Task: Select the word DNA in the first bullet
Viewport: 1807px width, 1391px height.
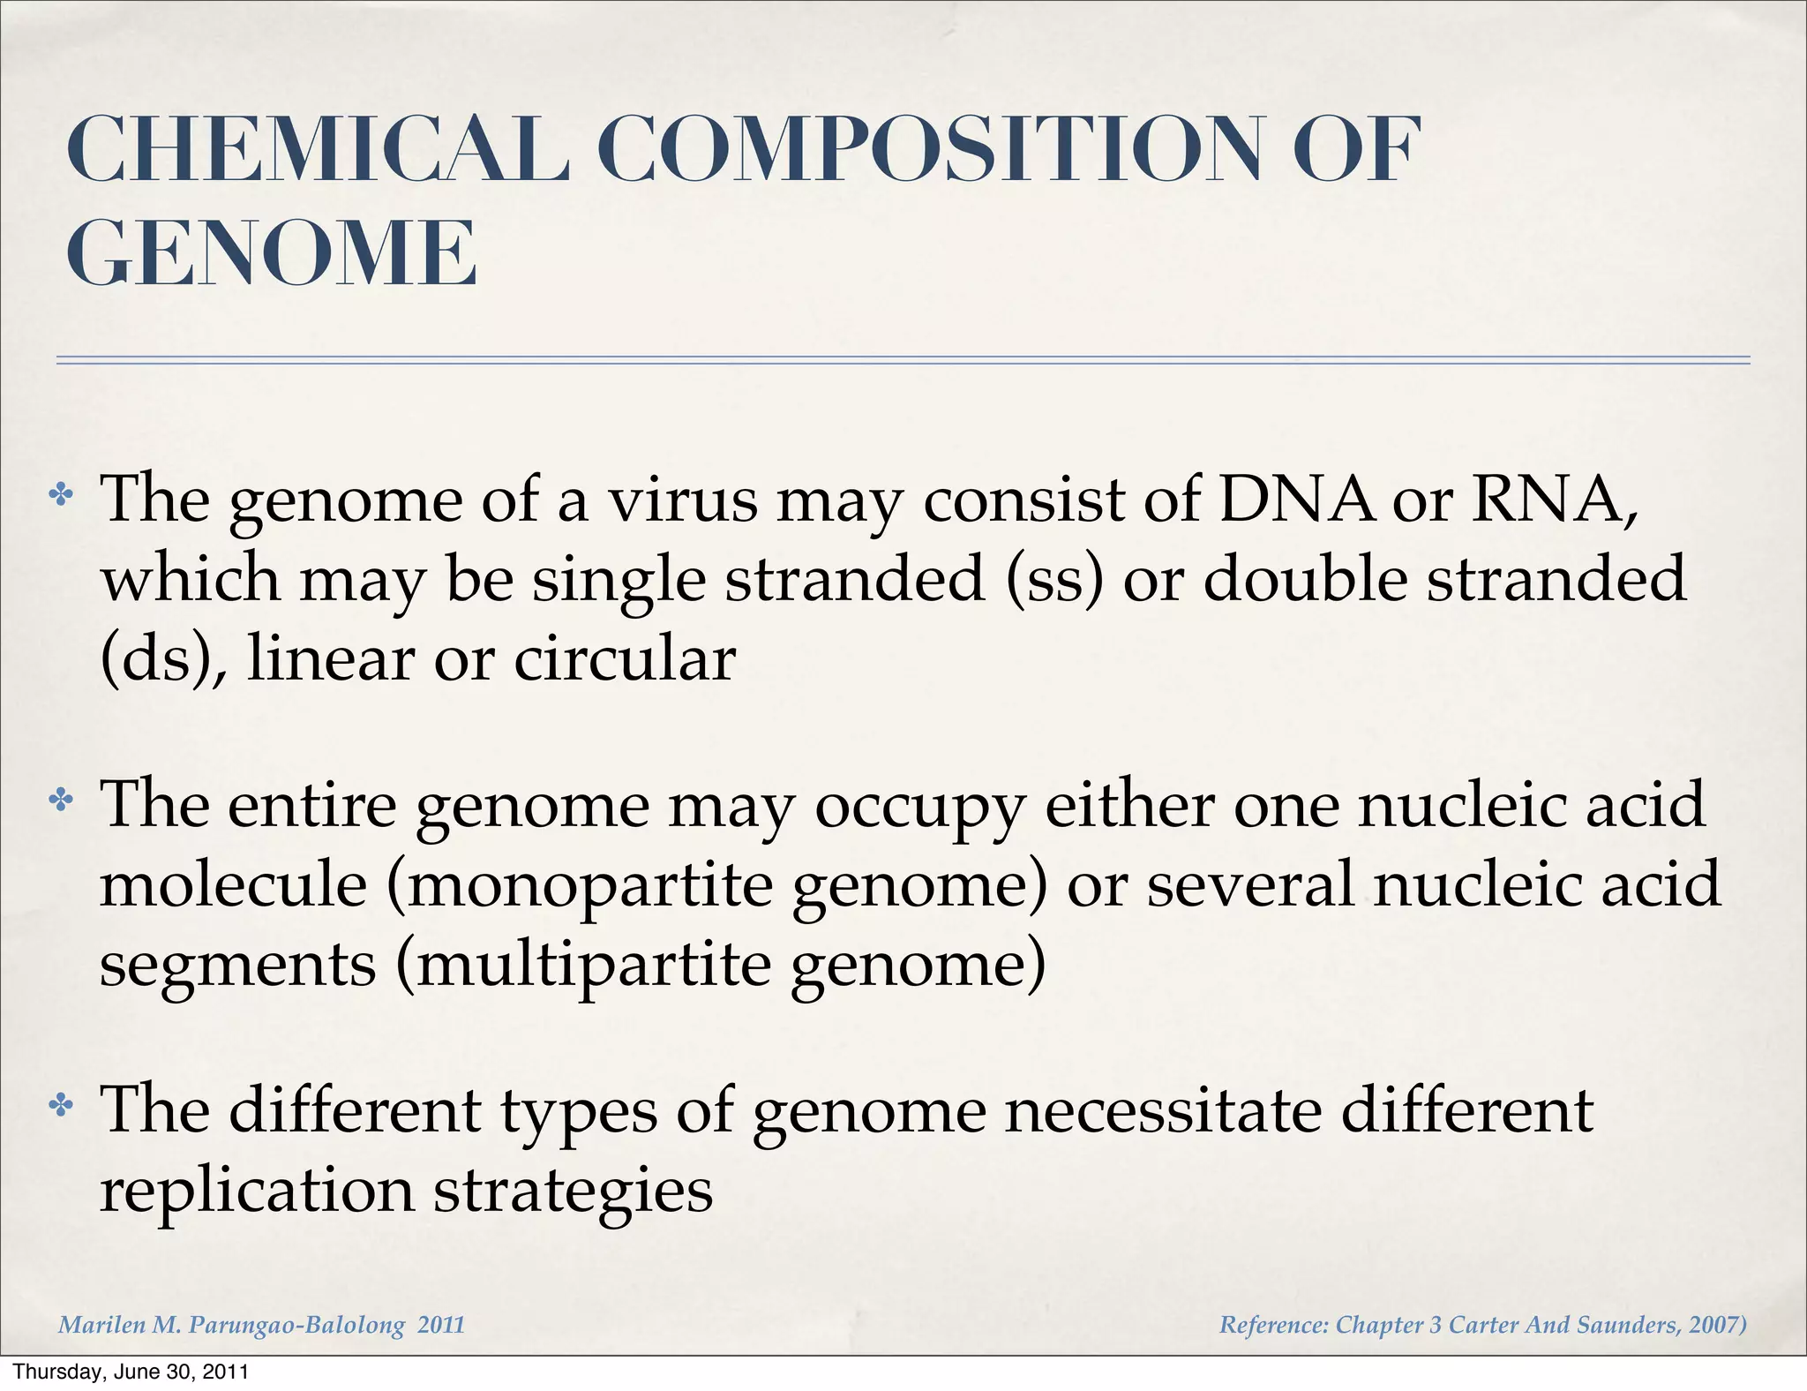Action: click(1295, 500)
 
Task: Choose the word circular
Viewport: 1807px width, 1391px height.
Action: click(625, 659)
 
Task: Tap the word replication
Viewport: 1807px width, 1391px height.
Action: click(257, 1191)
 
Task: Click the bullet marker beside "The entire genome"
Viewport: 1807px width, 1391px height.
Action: click(61, 800)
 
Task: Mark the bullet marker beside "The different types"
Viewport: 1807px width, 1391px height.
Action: click(61, 1104)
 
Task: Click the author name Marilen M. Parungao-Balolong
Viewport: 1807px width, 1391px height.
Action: click(231, 1325)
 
